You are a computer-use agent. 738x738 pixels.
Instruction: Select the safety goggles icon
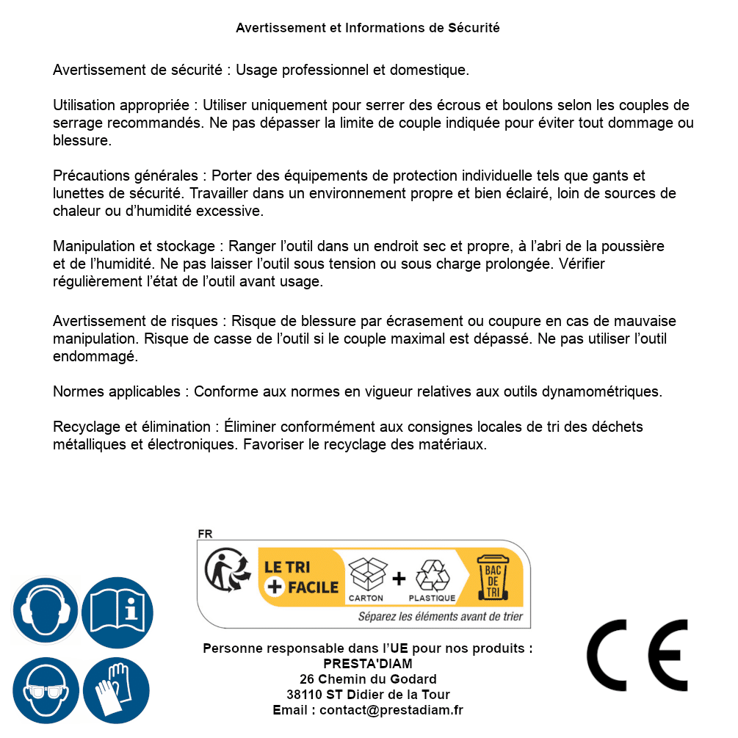click(x=45, y=690)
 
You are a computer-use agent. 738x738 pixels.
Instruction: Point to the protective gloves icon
click(x=117, y=690)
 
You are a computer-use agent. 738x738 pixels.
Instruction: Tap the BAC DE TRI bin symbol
click(x=492, y=577)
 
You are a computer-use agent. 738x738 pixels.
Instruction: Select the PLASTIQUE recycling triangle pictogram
click(x=432, y=576)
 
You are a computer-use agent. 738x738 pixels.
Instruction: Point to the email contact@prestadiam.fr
click(x=391, y=710)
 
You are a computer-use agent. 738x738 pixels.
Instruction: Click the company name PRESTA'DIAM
click(x=368, y=664)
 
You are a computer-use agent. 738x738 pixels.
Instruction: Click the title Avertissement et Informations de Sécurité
click(x=368, y=28)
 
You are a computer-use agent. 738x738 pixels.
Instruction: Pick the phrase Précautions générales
click(x=126, y=176)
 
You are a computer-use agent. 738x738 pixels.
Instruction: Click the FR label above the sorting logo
click(x=205, y=534)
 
